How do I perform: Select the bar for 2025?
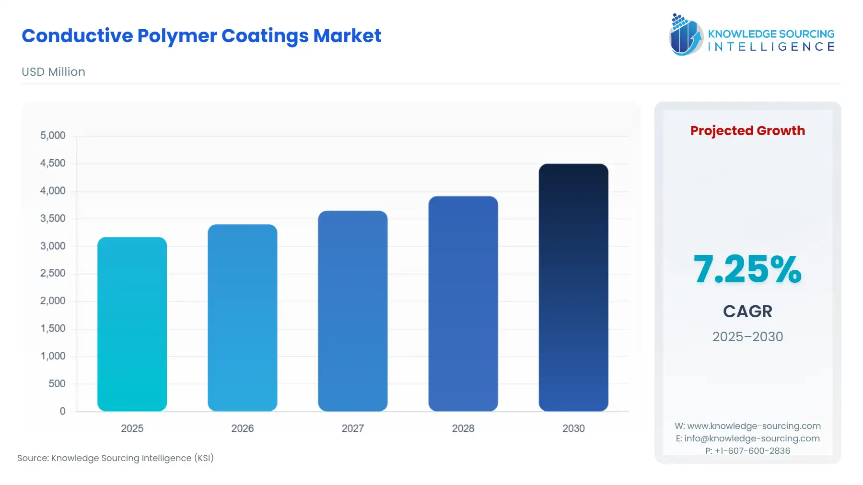[x=132, y=324]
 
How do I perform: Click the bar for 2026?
[x=242, y=318]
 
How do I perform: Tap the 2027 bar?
[x=352, y=311]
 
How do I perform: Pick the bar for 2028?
[x=463, y=303]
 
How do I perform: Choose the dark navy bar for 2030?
[x=573, y=288]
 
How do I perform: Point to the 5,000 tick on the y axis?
[x=53, y=136]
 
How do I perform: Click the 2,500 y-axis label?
[x=53, y=273]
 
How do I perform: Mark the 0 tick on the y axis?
[x=62, y=411]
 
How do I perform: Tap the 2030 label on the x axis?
[x=573, y=428]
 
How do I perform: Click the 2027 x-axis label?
[x=352, y=428]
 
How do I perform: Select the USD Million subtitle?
[x=53, y=72]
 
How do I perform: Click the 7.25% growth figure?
[x=747, y=269]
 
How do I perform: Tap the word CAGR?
[x=747, y=312]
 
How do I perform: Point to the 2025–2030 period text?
[x=747, y=337]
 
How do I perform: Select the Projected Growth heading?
[x=747, y=131]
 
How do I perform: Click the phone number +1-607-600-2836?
[x=752, y=451]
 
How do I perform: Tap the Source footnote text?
[x=116, y=458]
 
